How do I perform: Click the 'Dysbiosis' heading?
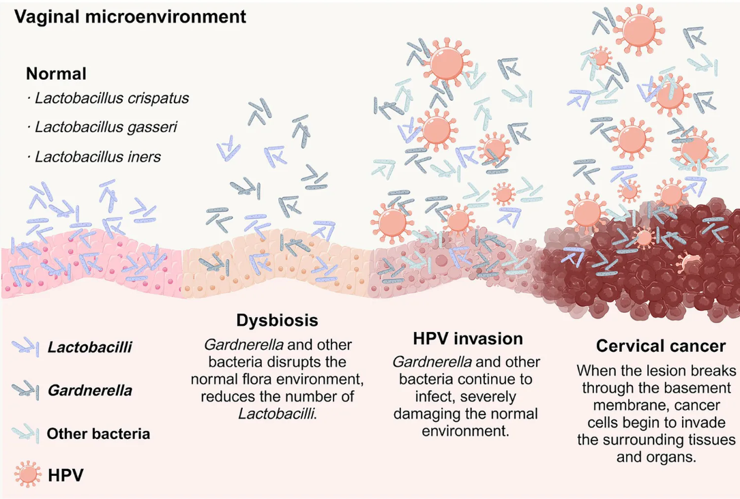point(278,320)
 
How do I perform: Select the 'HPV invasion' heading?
point(468,339)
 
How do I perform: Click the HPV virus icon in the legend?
point(28,474)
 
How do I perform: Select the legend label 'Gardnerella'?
point(89,391)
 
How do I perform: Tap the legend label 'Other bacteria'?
point(98,434)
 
